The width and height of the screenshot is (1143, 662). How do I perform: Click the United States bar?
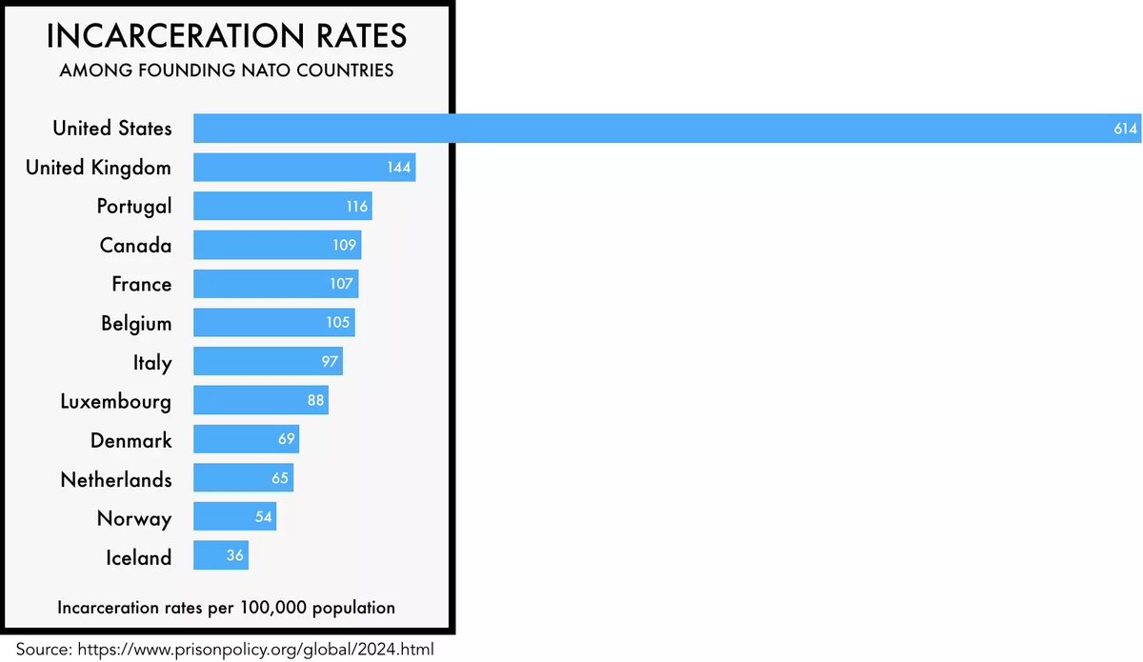pos(667,128)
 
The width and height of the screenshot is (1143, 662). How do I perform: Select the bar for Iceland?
pos(221,556)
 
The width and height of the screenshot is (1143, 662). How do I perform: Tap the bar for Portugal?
pos(282,206)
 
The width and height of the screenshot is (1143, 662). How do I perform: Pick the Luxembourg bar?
pos(261,400)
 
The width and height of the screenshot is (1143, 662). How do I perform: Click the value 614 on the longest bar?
pos(1126,129)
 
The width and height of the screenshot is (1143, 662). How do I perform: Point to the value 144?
pos(399,168)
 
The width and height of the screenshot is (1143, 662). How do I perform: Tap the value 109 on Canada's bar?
pos(345,245)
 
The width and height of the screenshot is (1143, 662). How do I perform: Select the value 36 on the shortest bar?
pos(235,556)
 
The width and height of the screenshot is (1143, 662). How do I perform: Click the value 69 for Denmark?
pos(286,440)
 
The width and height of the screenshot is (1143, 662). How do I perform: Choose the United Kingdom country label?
pos(98,168)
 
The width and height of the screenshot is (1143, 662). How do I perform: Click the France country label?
pos(141,284)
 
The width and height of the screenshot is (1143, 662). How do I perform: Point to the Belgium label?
pos(136,323)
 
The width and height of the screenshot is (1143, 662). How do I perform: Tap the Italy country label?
pos(152,362)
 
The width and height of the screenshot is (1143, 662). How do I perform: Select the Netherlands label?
pos(116,479)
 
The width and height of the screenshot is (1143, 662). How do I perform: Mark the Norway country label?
pos(134,518)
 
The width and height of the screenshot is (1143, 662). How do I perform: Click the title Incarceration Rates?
pos(227,36)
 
